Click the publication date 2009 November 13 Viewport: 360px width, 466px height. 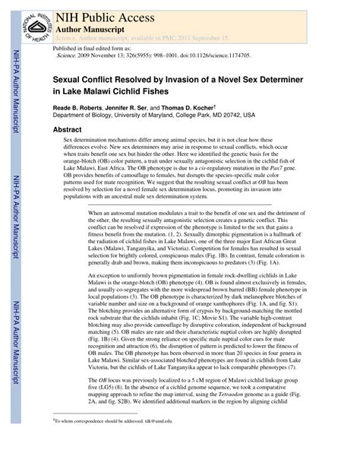click(x=102, y=55)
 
